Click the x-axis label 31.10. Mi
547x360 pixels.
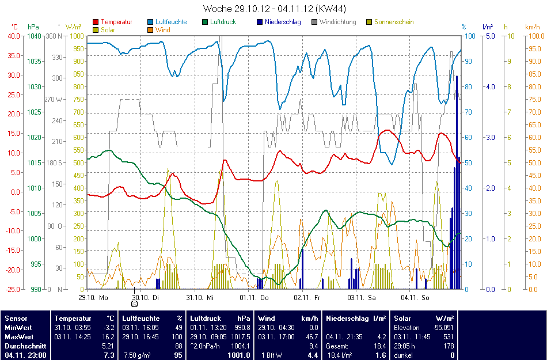(x=200, y=298)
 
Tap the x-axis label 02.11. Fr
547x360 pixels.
(x=306, y=298)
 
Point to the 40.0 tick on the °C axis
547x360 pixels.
(x=13, y=36)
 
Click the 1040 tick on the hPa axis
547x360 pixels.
(x=34, y=36)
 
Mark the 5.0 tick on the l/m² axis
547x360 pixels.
(x=490, y=36)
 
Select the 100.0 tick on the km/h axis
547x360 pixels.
(x=534, y=36)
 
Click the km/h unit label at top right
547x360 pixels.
(x=533, y=27)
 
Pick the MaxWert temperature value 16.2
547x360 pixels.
(x=108, y=336)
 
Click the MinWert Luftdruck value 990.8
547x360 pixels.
(x=243, y=327)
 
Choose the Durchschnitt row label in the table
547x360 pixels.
(x=23, y=346)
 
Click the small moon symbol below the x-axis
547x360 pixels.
(x=134, y=304)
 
